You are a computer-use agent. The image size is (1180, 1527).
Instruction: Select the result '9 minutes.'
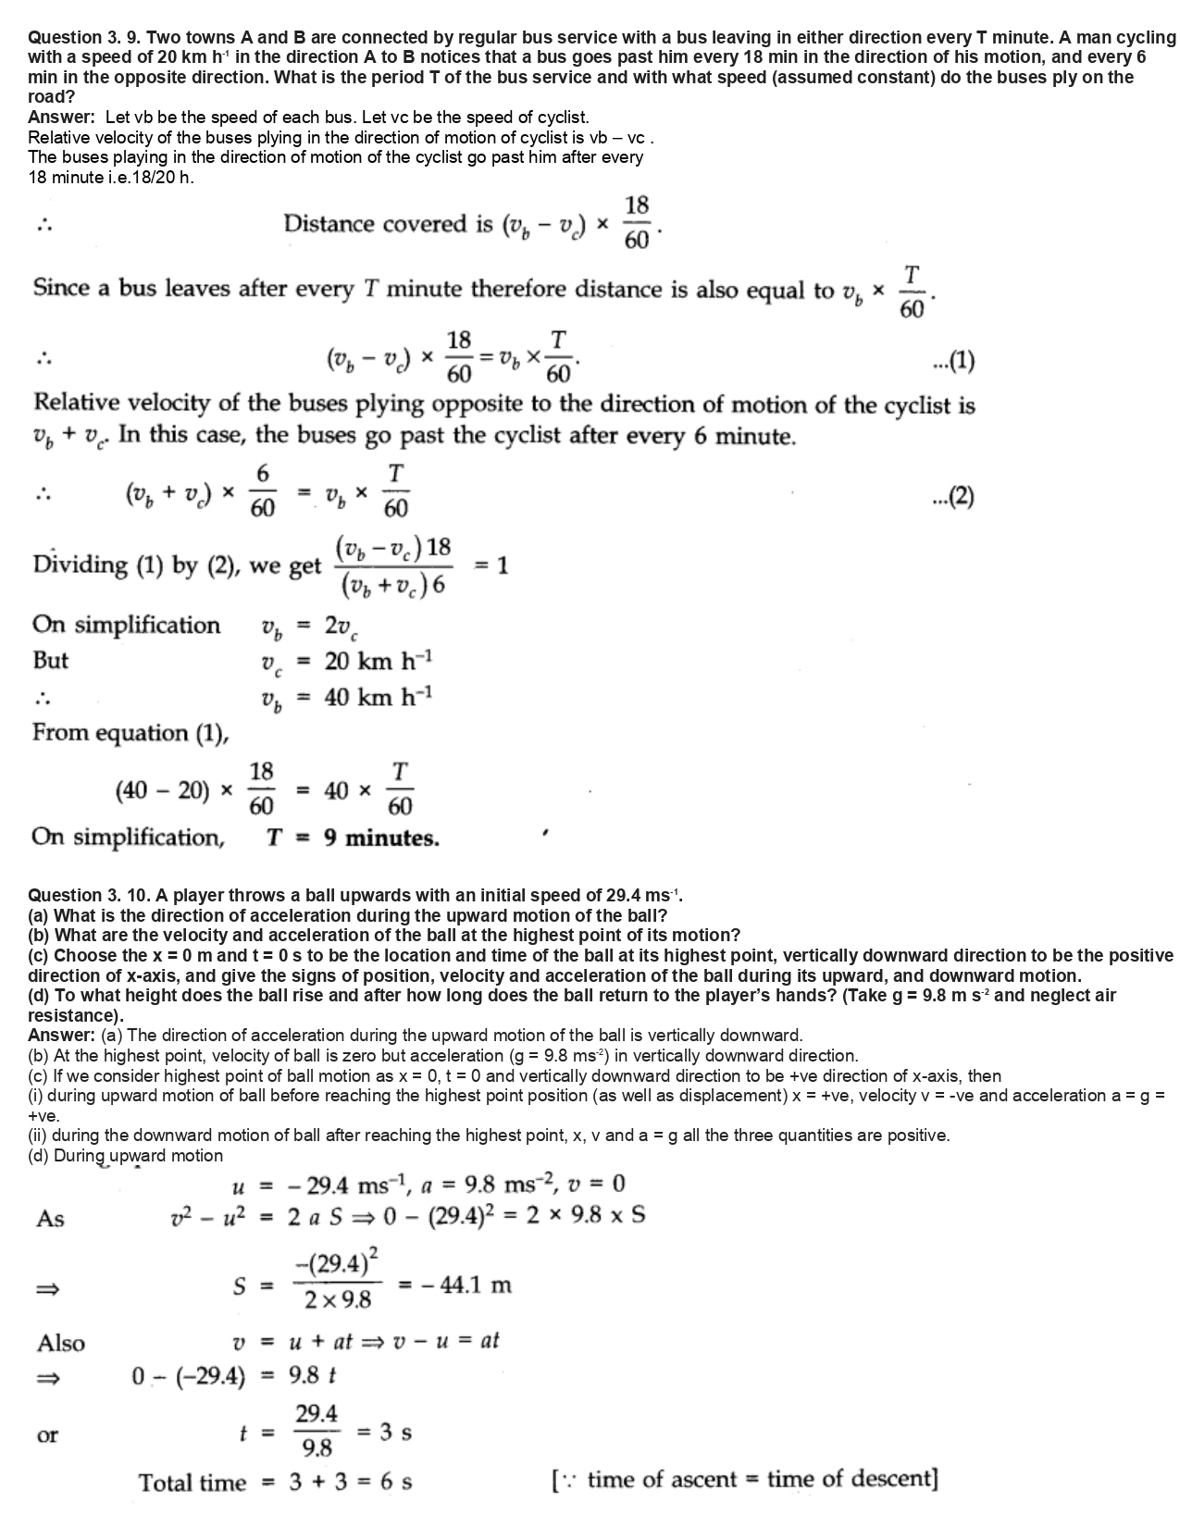coord(381,838)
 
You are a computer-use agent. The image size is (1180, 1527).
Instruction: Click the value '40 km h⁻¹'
coord(379,697)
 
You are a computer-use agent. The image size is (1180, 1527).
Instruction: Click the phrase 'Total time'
coord(193,1483)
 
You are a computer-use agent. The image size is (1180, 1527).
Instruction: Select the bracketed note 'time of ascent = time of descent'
coord(744,1479)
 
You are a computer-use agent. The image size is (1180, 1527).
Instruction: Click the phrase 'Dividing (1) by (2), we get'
coord(177,565)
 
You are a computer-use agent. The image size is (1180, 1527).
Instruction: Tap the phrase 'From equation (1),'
coord(130,733)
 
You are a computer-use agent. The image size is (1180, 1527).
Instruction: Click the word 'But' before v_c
coord(50,661)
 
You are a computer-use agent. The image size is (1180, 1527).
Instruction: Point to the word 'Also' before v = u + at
coord(60,1343)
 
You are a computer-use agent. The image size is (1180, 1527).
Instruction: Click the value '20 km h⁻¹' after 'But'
coord(379,662)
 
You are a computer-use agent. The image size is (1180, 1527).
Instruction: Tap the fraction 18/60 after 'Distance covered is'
coord(637,223)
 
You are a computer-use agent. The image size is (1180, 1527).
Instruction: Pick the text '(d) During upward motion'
coord(126,1156)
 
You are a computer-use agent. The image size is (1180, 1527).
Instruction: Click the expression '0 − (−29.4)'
coord(189,1377)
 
